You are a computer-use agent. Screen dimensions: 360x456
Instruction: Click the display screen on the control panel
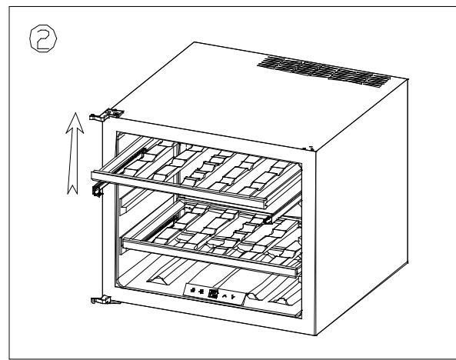point(212,293)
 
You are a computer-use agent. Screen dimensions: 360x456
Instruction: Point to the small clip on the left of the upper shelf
point(98,190)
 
